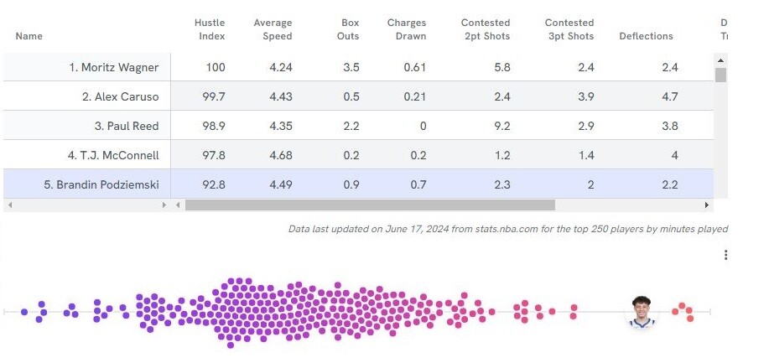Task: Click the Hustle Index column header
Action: click(210, 29)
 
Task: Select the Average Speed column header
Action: click(273, 29)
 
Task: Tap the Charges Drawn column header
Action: click(407, 29)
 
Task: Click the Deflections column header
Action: click(646, 36)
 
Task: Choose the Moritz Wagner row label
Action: click(114, 67)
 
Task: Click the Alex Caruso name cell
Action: click(120, 96)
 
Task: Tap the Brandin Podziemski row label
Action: click(101, 184)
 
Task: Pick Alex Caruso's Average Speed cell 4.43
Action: click(280, 96)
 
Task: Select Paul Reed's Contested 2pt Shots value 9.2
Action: click(501, 126)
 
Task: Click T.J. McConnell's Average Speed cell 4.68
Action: click(280, 155)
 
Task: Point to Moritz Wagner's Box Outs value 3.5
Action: click(351, 67)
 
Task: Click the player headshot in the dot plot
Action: click(642, 311)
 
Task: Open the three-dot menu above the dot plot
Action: click(725, 255)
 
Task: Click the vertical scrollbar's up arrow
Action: click(720, 60)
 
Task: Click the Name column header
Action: click(29, 36)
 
